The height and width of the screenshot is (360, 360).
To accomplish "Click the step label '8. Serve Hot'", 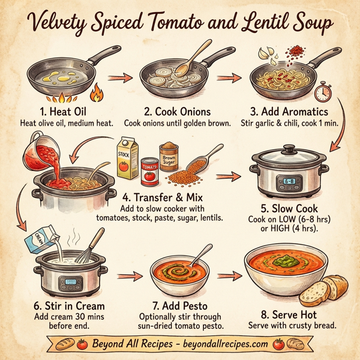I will [x=290, y=313].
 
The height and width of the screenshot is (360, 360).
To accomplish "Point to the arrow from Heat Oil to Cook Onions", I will [x=122, y=77].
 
